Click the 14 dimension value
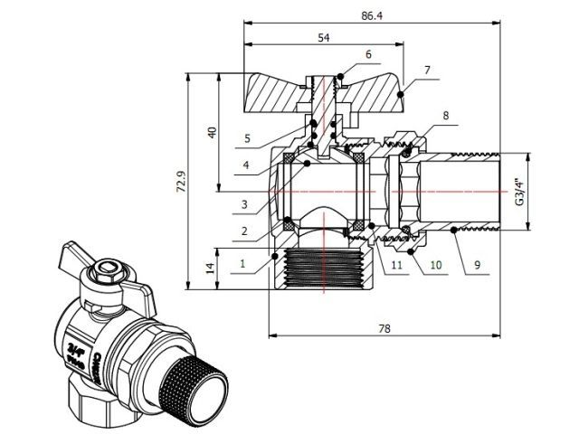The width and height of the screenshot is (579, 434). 210,269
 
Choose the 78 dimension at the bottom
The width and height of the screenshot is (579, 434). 385,330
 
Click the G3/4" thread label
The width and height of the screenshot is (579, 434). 519,192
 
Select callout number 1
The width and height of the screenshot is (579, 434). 242,264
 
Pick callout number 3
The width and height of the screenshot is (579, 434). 244,204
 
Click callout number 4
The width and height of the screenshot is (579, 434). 245,165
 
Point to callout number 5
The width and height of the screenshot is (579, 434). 246,138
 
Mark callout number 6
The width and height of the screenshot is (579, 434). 368,55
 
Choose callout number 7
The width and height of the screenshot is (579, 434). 427,69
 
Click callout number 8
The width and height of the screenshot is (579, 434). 445,116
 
